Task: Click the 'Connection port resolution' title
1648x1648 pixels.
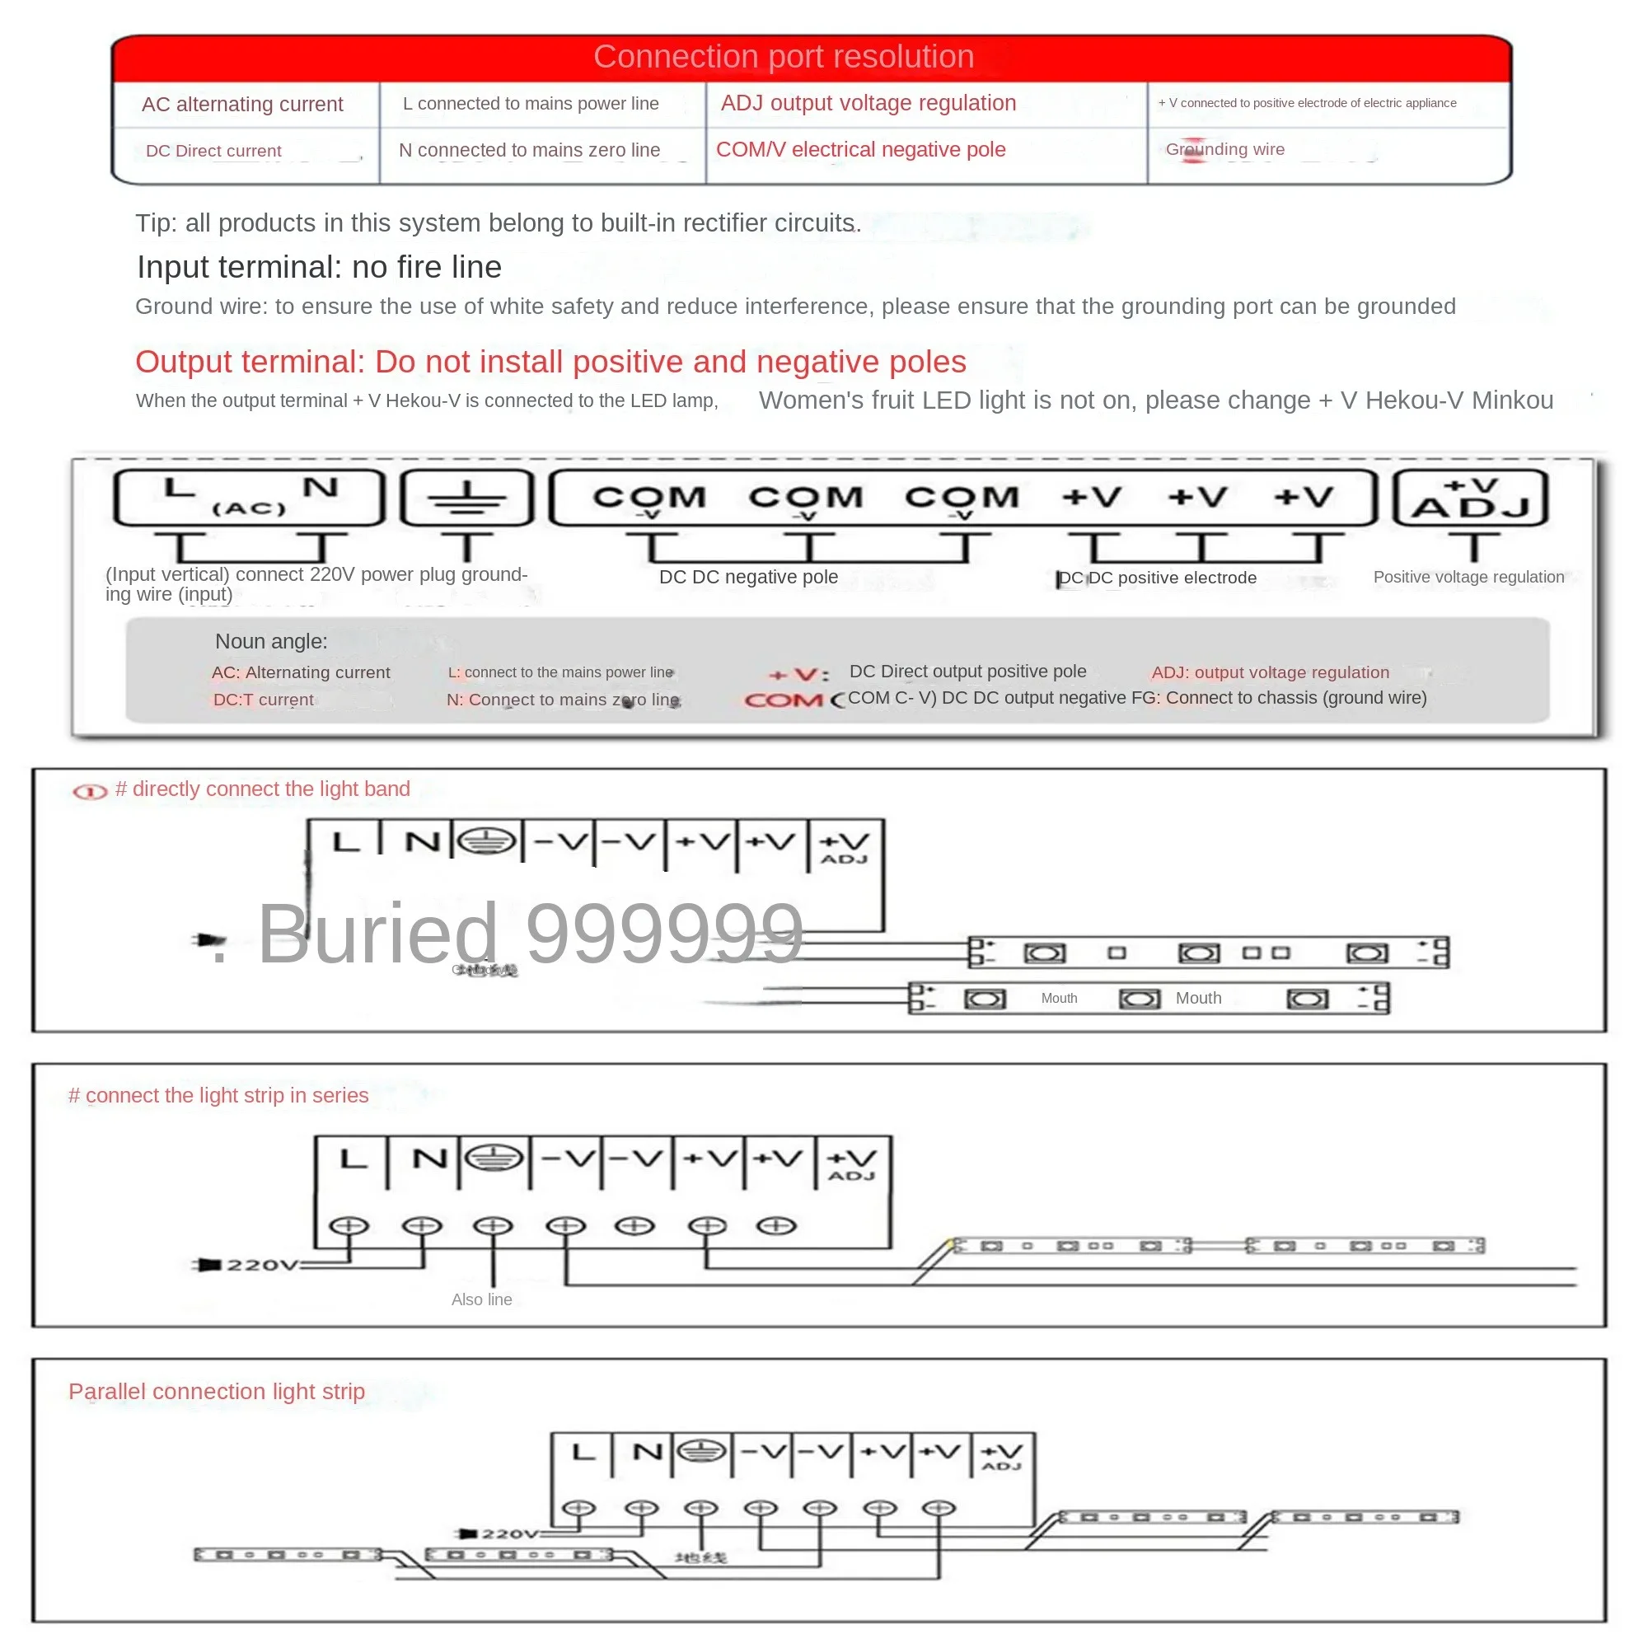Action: point(783,57)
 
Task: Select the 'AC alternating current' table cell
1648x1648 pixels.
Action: point(242,104)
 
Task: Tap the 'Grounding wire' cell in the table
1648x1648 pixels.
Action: point(1225,149)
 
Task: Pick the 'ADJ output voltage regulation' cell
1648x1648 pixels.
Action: point(868,103)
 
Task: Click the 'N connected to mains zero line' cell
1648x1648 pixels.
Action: point(529,150)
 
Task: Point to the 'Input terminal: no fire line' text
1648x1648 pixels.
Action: point(319,267)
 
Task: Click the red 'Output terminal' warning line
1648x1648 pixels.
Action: point(550,362)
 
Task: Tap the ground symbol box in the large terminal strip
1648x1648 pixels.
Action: point(466,498)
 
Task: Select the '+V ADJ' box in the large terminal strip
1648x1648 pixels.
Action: point(1470,499)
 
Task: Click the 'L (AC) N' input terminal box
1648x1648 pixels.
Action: point(248,498)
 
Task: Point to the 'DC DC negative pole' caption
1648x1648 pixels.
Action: point(748,578)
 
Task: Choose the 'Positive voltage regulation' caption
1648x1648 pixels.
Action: point(1468,578)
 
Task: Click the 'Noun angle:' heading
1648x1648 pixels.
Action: point(271,641)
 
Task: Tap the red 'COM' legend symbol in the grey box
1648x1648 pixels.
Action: point(783,700)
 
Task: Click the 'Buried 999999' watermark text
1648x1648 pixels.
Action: point(530,934)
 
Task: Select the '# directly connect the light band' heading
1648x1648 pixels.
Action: point(262,789)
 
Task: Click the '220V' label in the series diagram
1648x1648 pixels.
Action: point(261,1265)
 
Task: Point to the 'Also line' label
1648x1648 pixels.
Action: point(481,1300)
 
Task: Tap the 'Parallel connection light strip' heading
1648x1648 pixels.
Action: point(217,1391)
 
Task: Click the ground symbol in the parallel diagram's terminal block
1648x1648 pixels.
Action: point(701,1451)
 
